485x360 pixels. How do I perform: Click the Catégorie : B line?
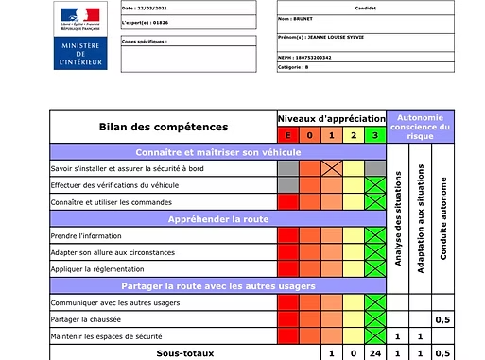click(x=295, y=68)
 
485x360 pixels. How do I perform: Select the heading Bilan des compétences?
click(x=163, y=126)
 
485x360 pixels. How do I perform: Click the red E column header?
click(x=287, y=135)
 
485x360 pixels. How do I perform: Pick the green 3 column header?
click(x=375, y=135)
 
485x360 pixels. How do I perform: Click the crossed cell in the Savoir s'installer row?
click(x=331, y=168)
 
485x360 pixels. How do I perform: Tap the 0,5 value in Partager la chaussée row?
click(x=442, y=319)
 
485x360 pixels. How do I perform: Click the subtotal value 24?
click(x=375, y=352)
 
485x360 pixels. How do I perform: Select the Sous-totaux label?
click(x=162, y=352)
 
